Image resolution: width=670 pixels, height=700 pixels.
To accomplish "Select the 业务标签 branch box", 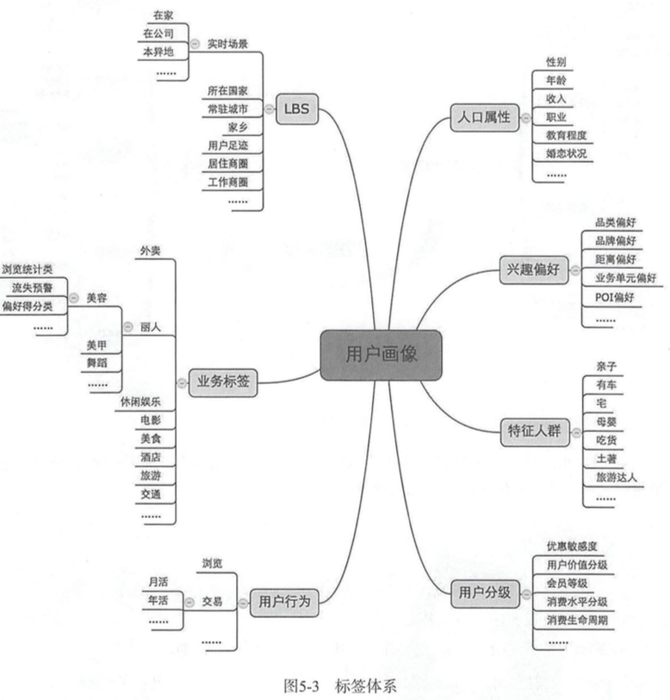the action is click(x=223, y=382).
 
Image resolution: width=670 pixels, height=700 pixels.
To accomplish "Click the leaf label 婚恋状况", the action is click(x=566, y=153).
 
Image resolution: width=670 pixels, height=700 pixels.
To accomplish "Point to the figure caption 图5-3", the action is click(x=301, y=686).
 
